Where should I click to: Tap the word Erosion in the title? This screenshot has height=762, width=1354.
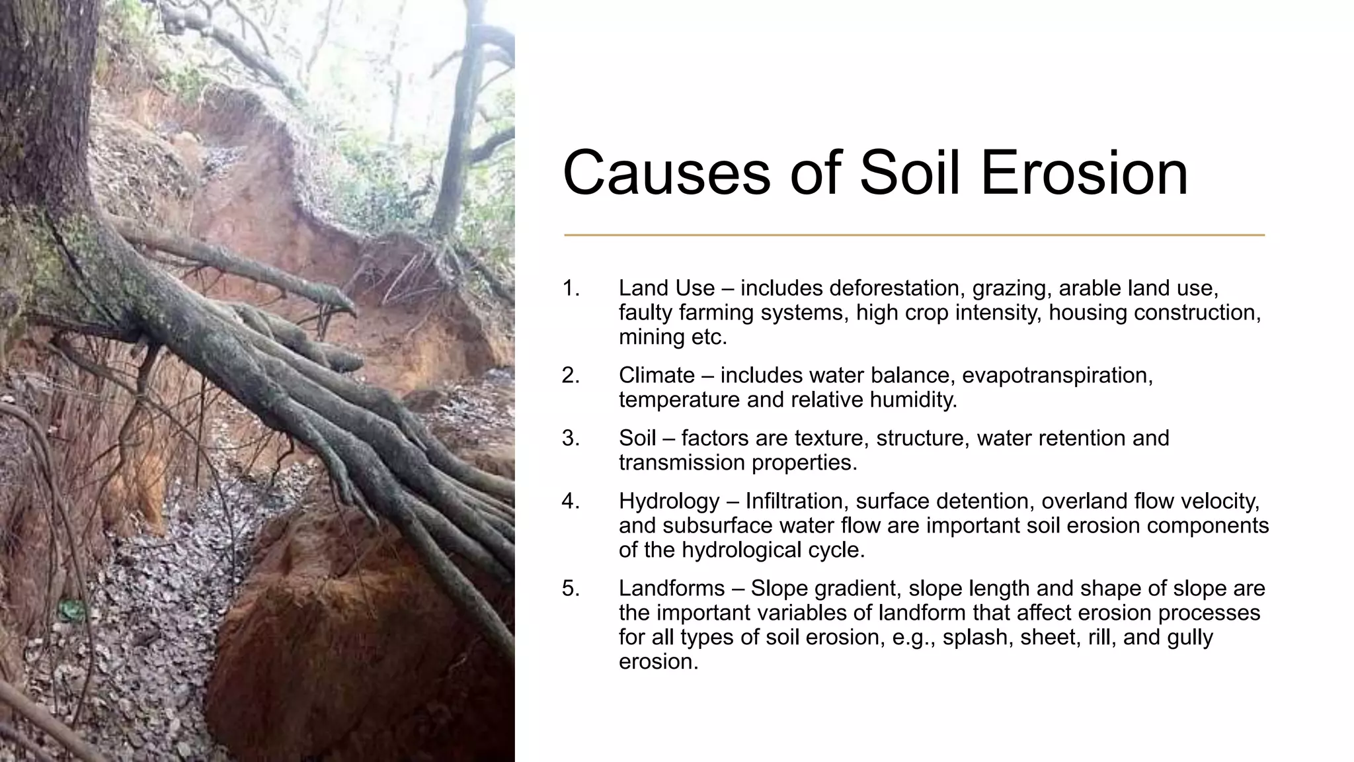(x=1084, y=173)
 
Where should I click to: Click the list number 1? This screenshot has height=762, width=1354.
(x=571, y=288)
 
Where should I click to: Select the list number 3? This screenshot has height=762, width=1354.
(x=571, y=438)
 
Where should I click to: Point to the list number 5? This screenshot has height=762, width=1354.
(x=571, y=588)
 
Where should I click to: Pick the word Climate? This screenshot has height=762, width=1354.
(x=657, y=376)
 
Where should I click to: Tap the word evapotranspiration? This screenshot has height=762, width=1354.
(x=1057, y=376)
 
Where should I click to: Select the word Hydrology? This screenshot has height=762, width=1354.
(x=668, y=501)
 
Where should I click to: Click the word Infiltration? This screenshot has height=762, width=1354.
(x=795, y=501)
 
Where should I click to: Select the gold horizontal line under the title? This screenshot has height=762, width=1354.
(x=914, y=235)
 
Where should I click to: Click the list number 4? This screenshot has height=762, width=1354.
(x=571, y=501)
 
